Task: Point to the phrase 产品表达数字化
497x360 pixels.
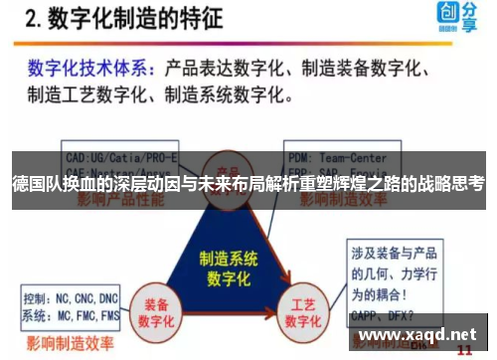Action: (x=226, y=69)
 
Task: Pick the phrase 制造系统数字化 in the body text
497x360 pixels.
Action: (x=228, y=95)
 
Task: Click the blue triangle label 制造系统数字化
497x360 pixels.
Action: (x=229, y=263)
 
